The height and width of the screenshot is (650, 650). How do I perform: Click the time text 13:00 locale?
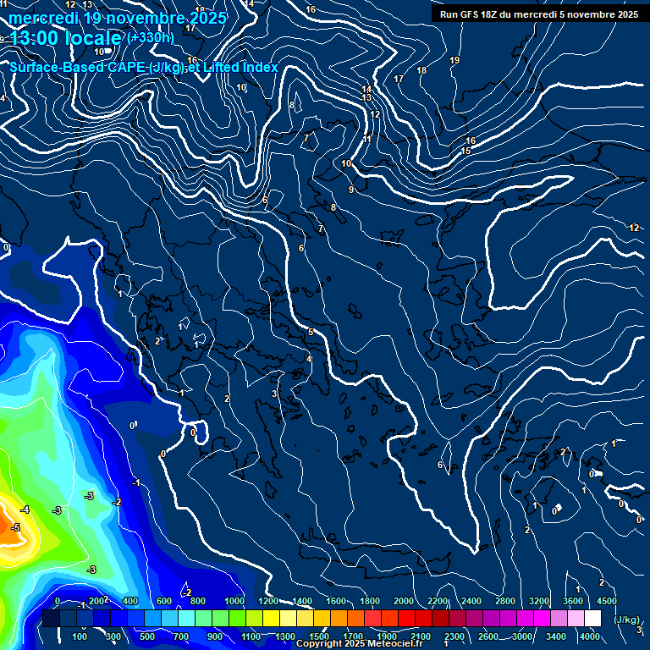coord(66,38)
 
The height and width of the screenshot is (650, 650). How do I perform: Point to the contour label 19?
coord(454,60)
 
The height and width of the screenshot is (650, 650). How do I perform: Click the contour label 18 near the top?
coord(422,70)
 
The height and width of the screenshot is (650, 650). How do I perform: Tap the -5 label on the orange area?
coord(14,527)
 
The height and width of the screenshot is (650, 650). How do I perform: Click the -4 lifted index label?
coord(25,510)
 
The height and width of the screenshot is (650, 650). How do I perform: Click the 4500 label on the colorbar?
coord(606,601)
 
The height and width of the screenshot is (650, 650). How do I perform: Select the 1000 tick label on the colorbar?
coord(234,601)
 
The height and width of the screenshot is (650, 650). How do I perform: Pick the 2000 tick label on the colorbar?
coord(404,601)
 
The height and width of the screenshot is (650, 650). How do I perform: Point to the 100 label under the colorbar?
coord(80,636)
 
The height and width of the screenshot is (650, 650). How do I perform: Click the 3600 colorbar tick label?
coord(573,601)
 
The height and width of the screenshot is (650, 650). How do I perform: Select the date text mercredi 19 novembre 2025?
coord(117,18)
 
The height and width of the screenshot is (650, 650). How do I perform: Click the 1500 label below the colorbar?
coord(319,636)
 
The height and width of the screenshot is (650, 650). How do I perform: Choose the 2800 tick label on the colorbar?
coord(505,601)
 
